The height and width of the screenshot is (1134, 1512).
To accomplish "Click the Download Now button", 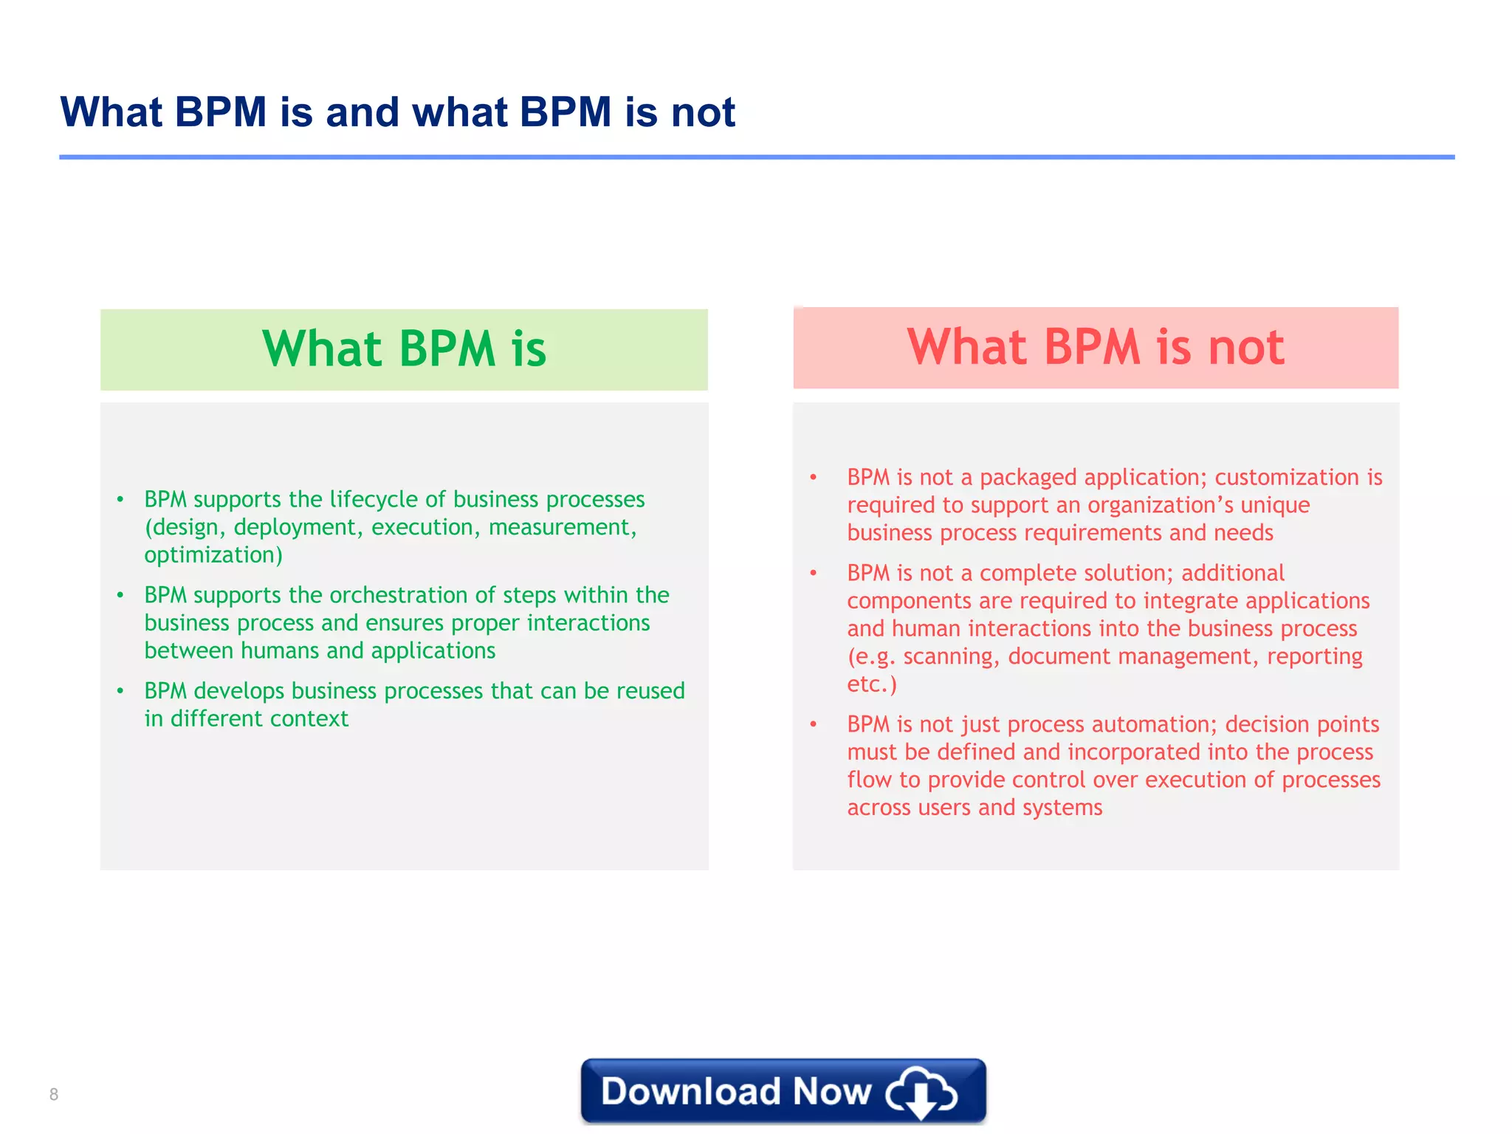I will click(x=783, y=1091).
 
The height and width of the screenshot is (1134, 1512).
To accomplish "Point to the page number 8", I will click(x=54, y=1094).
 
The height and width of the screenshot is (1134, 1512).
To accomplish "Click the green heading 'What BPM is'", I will click(x=404, y=348).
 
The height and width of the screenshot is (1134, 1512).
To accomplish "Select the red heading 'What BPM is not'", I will click(x=1096, y=347).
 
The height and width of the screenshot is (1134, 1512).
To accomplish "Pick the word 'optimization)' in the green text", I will click(x=213, y=555).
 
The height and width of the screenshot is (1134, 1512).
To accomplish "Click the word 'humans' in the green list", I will click(x=281, y=651).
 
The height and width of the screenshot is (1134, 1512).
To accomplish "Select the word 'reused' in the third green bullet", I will click(x=650, y=691).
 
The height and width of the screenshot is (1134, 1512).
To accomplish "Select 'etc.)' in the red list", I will click(x=871, y=684).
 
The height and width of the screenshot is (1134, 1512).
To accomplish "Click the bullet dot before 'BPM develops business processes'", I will click(x=120, y=691).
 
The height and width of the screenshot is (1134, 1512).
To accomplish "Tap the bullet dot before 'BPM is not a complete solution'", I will click(x=813, y=573).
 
